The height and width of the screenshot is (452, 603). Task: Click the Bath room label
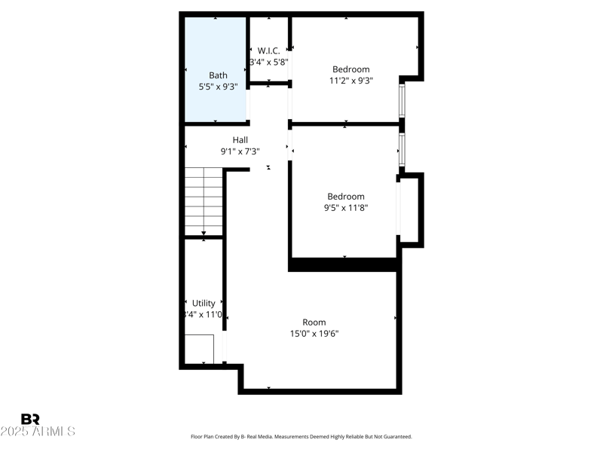click(218, 75)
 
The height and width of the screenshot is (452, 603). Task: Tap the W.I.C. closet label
click(269, 50)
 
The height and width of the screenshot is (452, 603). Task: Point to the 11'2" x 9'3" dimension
click(351, 81)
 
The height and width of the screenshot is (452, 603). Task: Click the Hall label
click(240, 139)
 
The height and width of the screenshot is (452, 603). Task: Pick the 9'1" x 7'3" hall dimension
click(240, 151)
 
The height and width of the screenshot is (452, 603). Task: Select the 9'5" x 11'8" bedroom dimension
click(346, 208)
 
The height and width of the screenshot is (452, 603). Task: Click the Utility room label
click(204, 303)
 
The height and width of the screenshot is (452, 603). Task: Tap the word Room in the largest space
click(314, 322)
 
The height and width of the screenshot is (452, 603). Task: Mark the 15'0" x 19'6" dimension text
click(314, 334)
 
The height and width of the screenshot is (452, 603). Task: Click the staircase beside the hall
click(204, 201)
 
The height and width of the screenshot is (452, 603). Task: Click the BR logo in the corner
click(30, 419)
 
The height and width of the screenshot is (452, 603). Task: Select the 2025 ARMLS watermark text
click(38, 432)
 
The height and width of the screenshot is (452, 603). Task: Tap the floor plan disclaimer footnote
click(301, 436)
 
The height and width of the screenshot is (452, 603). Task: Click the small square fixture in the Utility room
click(200, 349)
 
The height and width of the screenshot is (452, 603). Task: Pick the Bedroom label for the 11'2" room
click(351, 69)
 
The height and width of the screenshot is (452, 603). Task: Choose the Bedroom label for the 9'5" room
click(346, 197)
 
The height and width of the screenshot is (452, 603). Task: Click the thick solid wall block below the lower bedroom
click(343, 264)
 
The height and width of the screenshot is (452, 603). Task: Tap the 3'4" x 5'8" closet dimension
click(269, 62)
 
